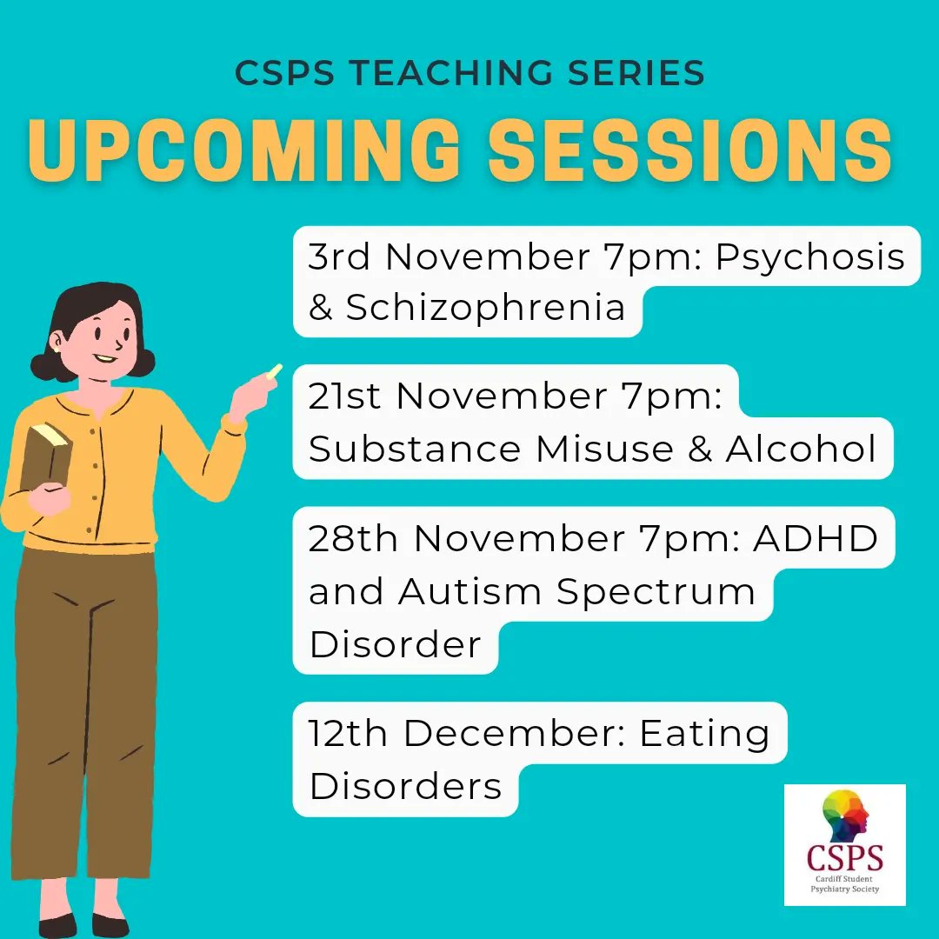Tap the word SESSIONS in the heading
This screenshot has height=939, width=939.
tap(690, 151)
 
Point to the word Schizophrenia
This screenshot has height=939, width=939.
tap(485, 308)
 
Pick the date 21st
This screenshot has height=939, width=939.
tap(345, 396)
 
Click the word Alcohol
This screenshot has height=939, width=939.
tap(801, 449)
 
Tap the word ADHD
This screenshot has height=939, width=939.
tap(816, 539)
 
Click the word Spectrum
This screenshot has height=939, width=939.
tap(656, 592)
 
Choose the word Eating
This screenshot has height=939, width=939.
tap(704, 736)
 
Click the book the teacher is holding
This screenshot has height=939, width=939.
tap(46, 456)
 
